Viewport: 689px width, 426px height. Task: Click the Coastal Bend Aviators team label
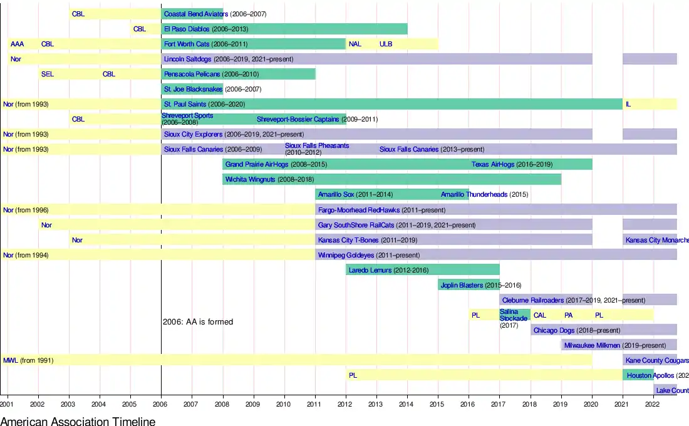tap(195, 14)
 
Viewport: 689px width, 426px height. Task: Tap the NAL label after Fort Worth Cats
tap(355, 44)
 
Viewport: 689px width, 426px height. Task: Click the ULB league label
tap(386, 44)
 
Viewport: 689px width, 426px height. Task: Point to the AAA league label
tap(17, 44)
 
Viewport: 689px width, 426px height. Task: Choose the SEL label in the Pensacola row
tap(47, 74)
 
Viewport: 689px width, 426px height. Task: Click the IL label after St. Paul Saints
tap(628, 104)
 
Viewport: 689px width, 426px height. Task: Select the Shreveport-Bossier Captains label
tap(298, 119)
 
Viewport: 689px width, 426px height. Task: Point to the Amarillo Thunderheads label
tap(474, 194)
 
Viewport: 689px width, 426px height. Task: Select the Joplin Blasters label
tap(462, 285)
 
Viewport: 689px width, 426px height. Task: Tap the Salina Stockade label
tap(514, 315)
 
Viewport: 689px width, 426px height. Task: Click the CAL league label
tap(540, 315)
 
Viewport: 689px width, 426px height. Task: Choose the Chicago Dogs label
tap(554, 330)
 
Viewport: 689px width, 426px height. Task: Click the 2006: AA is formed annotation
tap(198, 322)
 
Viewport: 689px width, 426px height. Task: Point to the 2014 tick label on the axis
tap(407, 405)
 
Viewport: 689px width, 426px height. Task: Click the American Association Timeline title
tap(78, 421)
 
